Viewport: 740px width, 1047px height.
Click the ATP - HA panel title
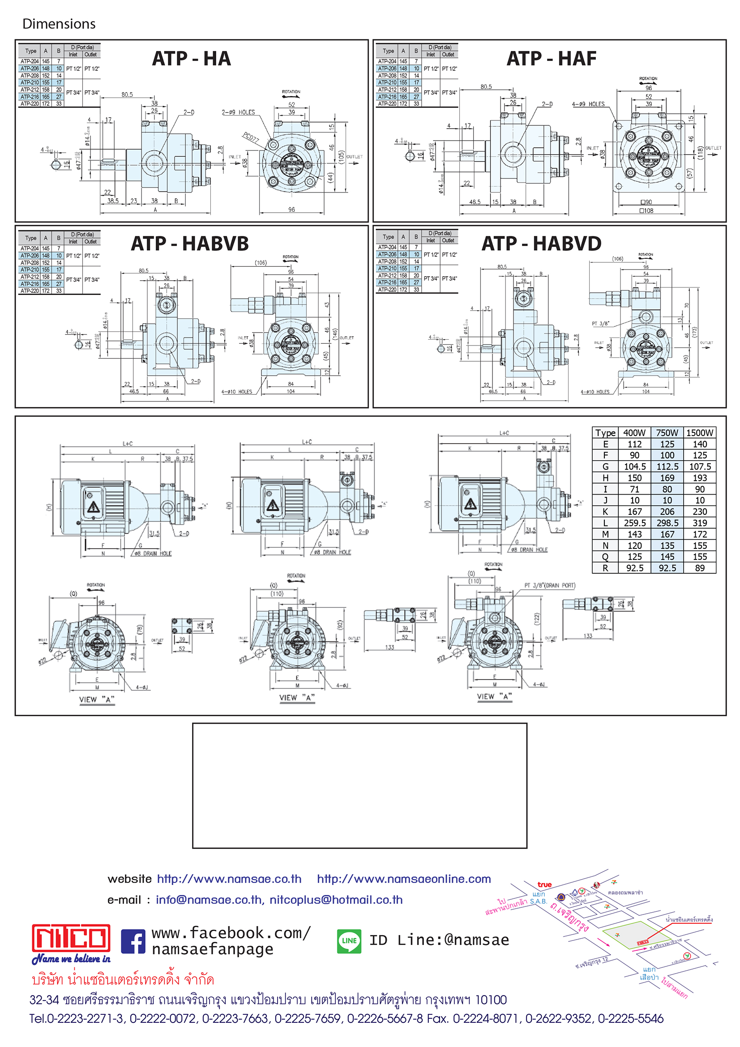tap(191, 59)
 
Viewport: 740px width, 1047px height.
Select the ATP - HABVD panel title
tap(541, 244)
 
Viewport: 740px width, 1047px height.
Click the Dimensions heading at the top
tap(59, 24)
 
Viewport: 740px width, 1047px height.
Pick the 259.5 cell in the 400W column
tap(634, 523)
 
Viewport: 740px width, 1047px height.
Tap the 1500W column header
tap(699, 433)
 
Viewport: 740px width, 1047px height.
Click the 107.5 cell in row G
tap(699, 466)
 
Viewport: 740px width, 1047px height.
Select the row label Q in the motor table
tap(605, 557)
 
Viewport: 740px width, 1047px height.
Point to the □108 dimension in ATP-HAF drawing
tap(646, 211)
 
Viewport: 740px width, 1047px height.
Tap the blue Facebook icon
tap(133, 941)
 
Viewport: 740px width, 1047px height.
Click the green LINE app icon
tap(349, 941)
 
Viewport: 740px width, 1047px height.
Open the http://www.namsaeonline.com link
tap(403, 879)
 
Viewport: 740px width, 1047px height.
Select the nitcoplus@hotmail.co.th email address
tap(336, 900)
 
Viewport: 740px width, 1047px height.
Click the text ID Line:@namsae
tap(439, 940)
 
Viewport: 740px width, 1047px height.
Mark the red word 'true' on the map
tap(544, 885)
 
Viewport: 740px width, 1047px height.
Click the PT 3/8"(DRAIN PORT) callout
tap(549, 585)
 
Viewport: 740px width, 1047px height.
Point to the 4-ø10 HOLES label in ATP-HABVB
tap(237, 392)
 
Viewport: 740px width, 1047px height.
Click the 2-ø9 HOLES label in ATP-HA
tap(238, 112)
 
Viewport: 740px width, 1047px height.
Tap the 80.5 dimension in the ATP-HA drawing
tap(127, 95)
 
